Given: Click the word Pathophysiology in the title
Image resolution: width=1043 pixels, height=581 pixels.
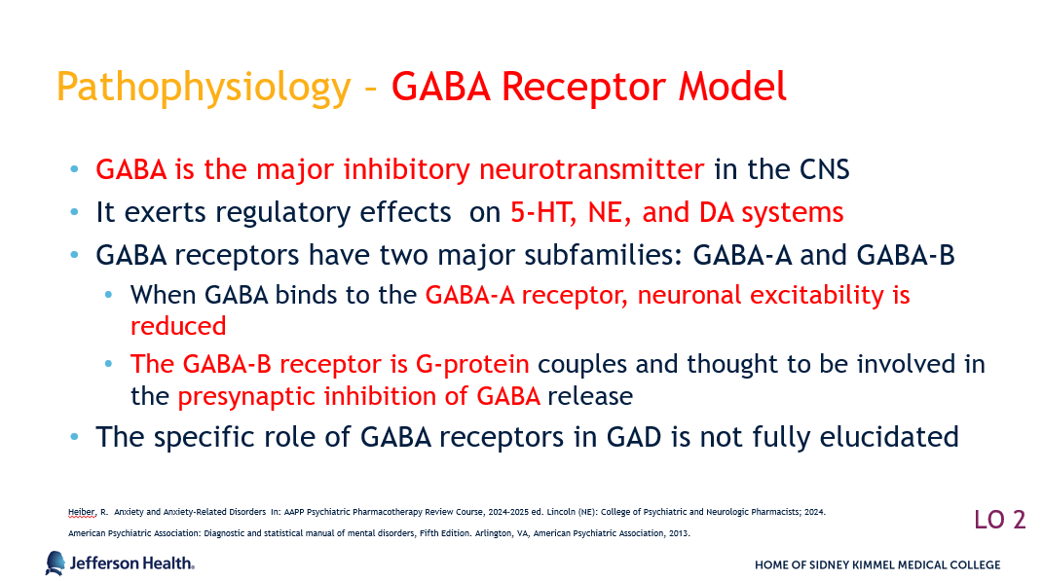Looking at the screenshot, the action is point(204,88).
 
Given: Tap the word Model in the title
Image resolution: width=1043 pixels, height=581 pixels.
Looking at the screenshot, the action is point(732,87).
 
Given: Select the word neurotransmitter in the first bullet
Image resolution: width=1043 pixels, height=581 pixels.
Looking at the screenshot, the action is point(591,169).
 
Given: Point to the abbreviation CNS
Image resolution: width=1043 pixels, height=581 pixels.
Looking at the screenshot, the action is point(824,169).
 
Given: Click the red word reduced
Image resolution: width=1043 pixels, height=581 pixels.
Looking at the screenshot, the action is point(178,326).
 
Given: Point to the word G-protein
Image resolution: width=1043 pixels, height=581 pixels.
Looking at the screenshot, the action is point(472,365).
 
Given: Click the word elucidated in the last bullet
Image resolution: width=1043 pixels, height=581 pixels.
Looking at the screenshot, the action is point(889,437).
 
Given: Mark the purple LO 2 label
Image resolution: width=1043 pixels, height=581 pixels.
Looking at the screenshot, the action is point(1000,520).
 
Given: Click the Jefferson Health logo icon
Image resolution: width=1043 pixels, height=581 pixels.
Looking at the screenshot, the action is point(56,563).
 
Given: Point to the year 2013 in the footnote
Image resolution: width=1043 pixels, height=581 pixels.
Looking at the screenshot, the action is point(679,533).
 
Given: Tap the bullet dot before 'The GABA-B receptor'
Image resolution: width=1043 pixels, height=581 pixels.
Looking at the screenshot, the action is point(109,364).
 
